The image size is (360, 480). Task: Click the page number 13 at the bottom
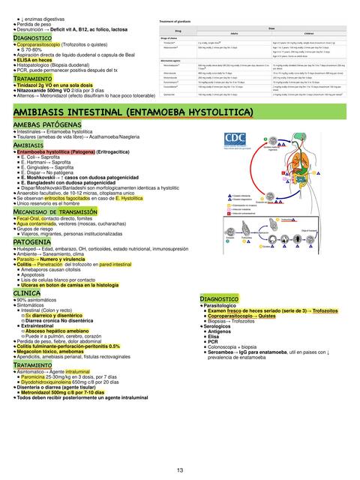(180, 470)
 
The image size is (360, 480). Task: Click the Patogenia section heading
(32, 242)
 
